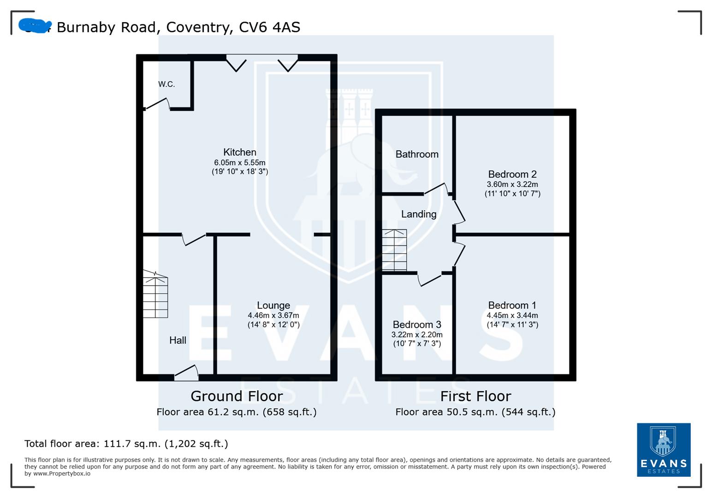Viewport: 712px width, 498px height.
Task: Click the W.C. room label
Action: [x=166, y=84]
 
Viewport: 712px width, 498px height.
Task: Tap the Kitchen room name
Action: [x=239, y=152]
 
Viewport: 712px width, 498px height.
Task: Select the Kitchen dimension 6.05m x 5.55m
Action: [x=239, y=163]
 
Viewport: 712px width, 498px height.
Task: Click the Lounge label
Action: [x=273, y=305]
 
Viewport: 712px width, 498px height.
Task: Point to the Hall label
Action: [x=178, y=340]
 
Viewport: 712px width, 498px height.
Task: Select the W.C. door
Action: [x=157, y=104]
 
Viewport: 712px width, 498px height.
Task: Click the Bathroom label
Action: [x=417, y=154]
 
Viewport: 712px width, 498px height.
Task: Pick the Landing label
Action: [x=418, y=214]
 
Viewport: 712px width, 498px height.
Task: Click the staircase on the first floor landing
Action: [x=394, y=250]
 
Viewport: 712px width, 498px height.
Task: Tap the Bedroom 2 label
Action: [x=512, y=174]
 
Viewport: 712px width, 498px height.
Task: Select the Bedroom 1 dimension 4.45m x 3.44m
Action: [x=512, y=315]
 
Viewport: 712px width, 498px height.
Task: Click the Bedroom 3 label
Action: [x=417, y=325]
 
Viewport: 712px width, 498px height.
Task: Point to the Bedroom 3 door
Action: [x=430, y=279]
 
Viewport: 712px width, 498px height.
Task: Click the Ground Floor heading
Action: [x=237, y=396]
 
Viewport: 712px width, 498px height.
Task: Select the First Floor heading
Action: [x=475, y=396]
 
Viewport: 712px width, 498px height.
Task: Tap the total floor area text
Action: [x=126, y=444]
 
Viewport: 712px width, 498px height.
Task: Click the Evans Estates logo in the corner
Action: [x=663, y=450]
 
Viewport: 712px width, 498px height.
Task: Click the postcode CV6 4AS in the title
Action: [x=269, y=27]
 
